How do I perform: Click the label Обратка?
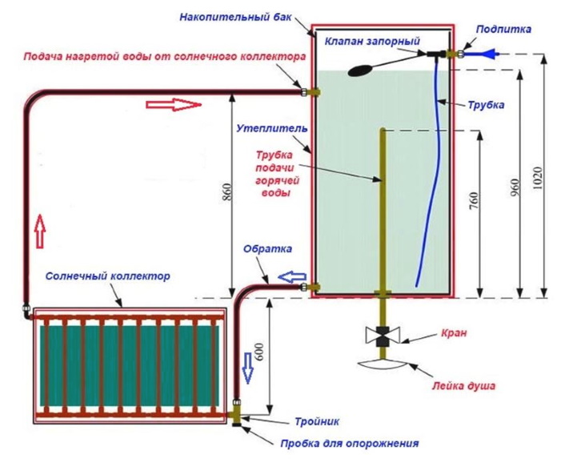(x=267, y=249)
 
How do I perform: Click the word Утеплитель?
(x=266, y=128)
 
